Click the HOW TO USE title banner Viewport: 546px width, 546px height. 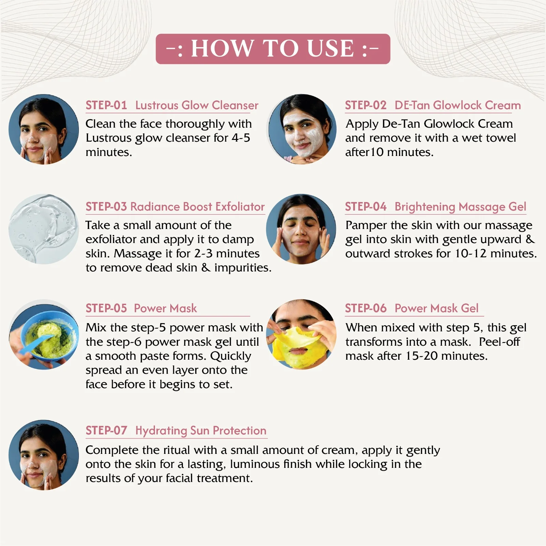(x=273, y=49)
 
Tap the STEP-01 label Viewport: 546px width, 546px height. (x=106, y=105)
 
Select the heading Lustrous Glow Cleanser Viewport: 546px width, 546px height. (x=197, y=105)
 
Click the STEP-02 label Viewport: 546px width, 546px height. (x=365, y=105)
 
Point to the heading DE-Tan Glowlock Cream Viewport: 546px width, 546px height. (x=458, y=105)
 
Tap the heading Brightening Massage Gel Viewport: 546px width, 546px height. (x=460, y=207)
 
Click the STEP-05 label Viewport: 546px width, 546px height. (x=106, y=308)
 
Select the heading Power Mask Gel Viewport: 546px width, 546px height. (x=436, y=308)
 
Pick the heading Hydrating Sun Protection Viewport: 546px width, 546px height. (x=201, y=431)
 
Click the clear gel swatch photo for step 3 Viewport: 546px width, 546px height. (x=44, y=229)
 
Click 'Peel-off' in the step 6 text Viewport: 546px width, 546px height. (x=499, y=342)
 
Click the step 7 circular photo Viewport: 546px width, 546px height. (x=44, y=455)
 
